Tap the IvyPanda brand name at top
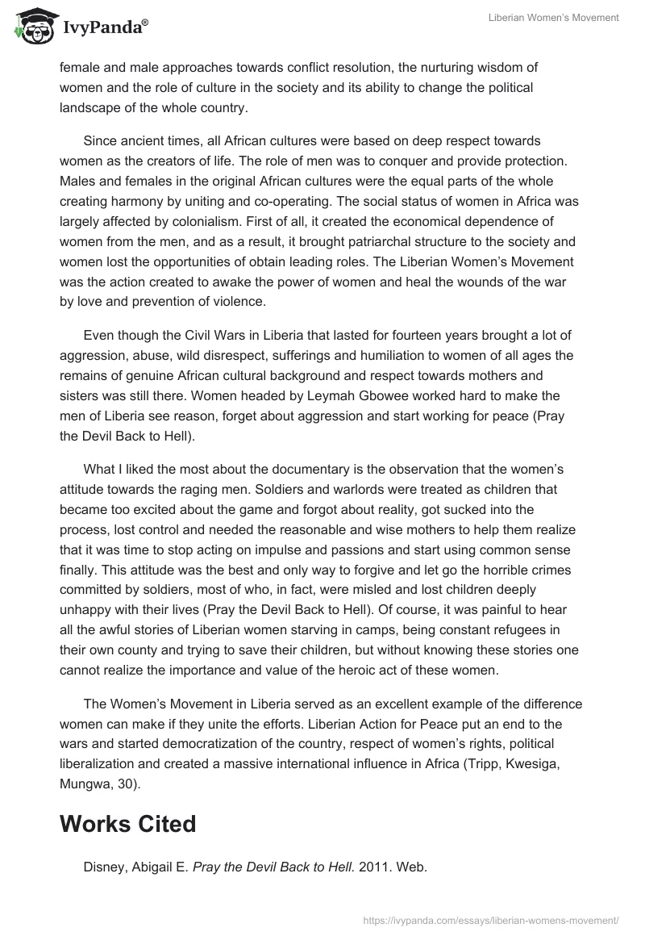click(104, 27)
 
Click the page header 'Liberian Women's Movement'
click(554, 19)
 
